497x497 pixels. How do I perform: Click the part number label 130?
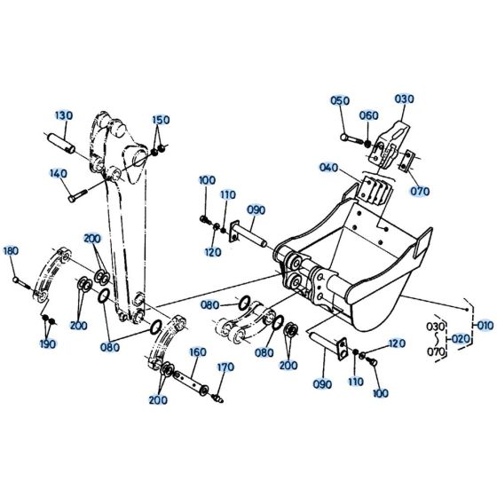64,115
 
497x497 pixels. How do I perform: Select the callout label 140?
57,173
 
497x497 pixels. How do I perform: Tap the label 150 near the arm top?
160,120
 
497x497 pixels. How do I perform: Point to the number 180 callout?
11,252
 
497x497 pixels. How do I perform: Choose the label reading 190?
47,343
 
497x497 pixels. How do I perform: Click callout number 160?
197,351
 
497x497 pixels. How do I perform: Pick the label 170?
225,367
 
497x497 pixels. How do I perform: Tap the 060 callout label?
369,116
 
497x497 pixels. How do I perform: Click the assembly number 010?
485,326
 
